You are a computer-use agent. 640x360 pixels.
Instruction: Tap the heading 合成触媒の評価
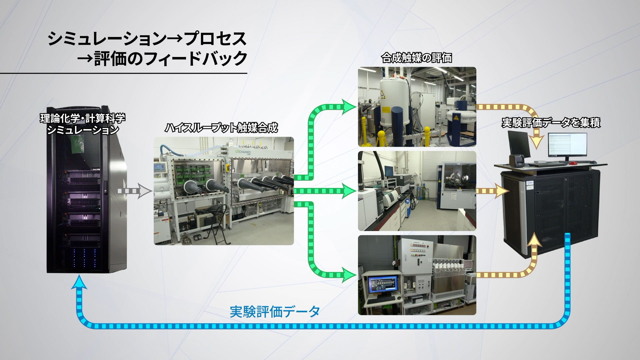(417, 58)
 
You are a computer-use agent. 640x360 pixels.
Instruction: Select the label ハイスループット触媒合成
(221, 128)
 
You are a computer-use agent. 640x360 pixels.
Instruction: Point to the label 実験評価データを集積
(551, 123)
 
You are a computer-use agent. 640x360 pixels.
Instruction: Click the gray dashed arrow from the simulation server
(135, 191)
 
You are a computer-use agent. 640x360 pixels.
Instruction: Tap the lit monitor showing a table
(567, 145)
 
